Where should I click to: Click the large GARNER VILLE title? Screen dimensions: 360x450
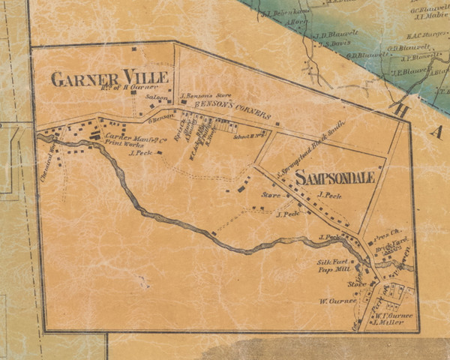coord(109,77)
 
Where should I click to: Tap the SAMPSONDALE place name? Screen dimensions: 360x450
coord(334,178)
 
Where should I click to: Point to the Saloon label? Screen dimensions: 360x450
coord(157,97)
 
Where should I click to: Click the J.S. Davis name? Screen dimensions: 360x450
coord(334,43)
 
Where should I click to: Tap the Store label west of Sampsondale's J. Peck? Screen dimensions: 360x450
coord(269,196)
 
